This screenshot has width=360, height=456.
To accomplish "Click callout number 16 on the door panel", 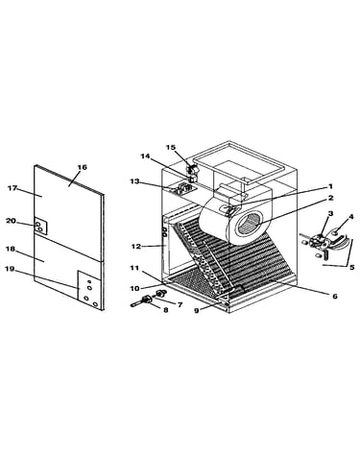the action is [x=83, y=167].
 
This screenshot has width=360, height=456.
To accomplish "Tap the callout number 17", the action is [x=12, y=188].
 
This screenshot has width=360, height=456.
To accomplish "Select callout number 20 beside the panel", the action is [x=11, y=221].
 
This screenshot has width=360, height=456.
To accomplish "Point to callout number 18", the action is [x=11, y=249].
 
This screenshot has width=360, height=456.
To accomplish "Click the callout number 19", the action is [x=10, y=269].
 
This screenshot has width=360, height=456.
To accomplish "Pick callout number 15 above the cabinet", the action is [x=171, y=147].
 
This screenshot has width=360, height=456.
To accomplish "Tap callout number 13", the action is [x=134, y=181].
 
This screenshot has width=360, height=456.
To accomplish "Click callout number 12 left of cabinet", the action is [x=136, y=247].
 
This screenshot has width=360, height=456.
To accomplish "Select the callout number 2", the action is [x=330, y=198].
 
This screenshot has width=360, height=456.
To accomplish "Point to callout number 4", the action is [x=351, y=217].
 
